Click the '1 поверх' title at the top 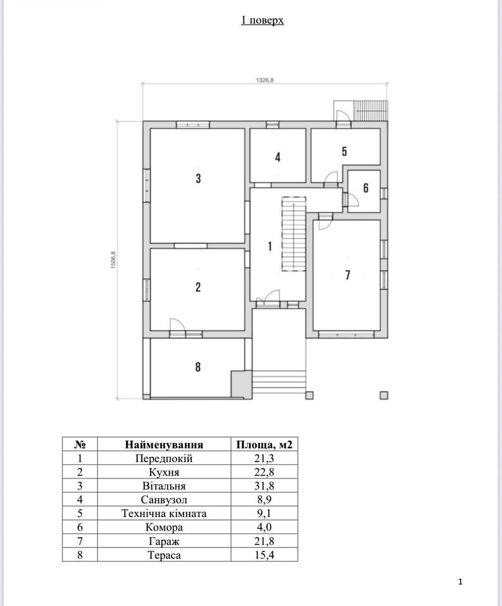click(x=262, y=20)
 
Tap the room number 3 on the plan click(x=198, y=178)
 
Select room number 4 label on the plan click(x=278, y=157)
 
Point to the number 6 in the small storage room click(x=366, y=188)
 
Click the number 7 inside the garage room click(x=348, y=275)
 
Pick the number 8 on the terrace click(x=198, y=367)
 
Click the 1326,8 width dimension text click(x=265, y=80)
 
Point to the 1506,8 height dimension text click(x=113, y=260)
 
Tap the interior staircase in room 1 click(x=294, y=234)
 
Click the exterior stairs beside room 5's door click(x=371, y=111)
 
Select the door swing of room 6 click(x=354, y=199)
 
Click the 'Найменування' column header click(x=164, y=444)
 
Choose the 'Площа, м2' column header click(x=264, y=444)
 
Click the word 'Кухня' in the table click(x=164, y=472)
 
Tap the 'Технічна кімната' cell click(x=164, y=514)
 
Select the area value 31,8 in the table click(x=264, y=486)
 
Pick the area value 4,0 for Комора click(x=264, y=527)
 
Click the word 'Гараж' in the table click(x=164, y=541)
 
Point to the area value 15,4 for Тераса click(x=264, y=555)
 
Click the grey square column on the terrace click(x=241, y=384)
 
